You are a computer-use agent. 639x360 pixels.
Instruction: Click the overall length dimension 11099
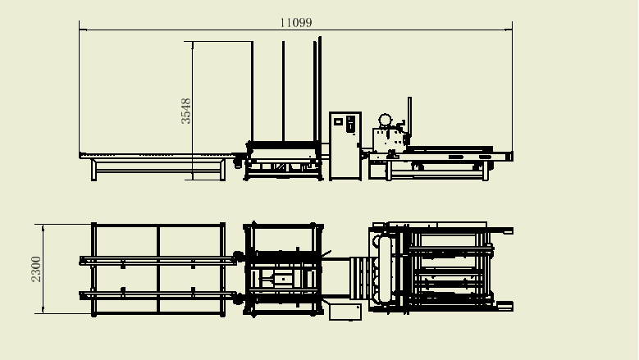296,23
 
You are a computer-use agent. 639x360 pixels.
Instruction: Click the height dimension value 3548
186,111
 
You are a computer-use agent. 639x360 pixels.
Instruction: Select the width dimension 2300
36,269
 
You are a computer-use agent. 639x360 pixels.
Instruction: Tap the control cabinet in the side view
345,146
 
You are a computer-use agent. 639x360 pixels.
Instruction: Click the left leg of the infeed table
94,170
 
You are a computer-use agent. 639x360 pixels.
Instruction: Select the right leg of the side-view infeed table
223,170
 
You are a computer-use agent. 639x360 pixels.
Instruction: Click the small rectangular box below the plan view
345,312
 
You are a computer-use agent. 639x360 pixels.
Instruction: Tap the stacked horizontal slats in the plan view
362,276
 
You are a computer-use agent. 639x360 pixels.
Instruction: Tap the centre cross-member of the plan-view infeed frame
158,269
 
